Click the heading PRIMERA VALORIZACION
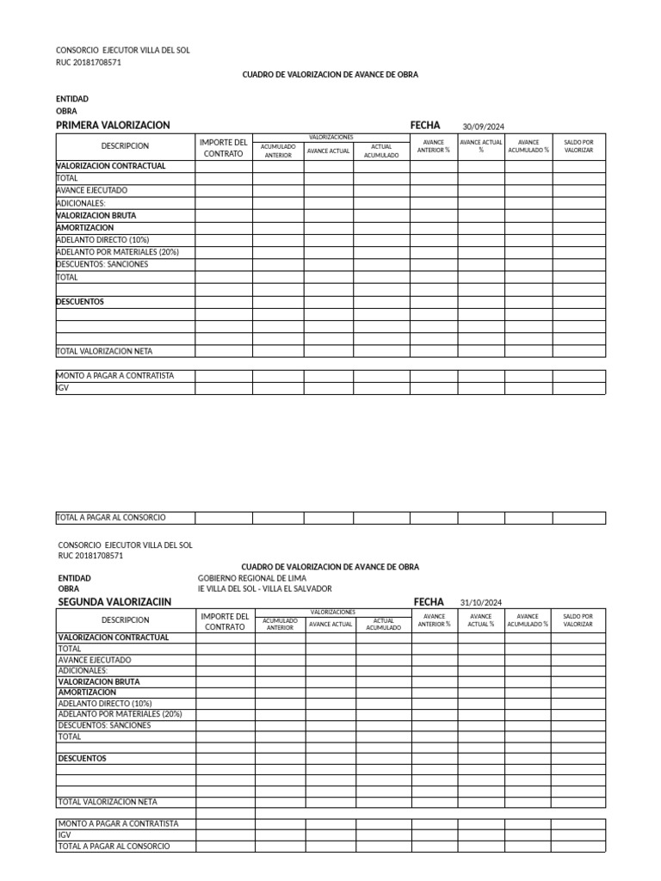click(113, 126)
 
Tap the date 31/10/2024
click(481, 602)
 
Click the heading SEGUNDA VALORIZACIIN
click(114, 601)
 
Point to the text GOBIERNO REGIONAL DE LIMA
click(251, 578)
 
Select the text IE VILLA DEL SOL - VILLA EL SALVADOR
click(264, 588)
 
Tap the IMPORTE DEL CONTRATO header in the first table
click(223, 147)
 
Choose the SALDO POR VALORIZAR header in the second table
click(578, 620)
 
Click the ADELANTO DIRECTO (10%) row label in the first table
click(102, 240)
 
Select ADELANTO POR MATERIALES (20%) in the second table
click(120, 714)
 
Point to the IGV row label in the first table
click(62, 388)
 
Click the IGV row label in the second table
click(65, 835)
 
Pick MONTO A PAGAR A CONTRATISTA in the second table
click(118, 823)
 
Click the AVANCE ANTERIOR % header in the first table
click(433, 146)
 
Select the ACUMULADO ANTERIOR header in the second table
click(280, 624)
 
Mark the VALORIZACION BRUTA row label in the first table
click(96, 215)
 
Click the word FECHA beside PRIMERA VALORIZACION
click(425, 126)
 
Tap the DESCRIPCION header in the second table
click(126, 620)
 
